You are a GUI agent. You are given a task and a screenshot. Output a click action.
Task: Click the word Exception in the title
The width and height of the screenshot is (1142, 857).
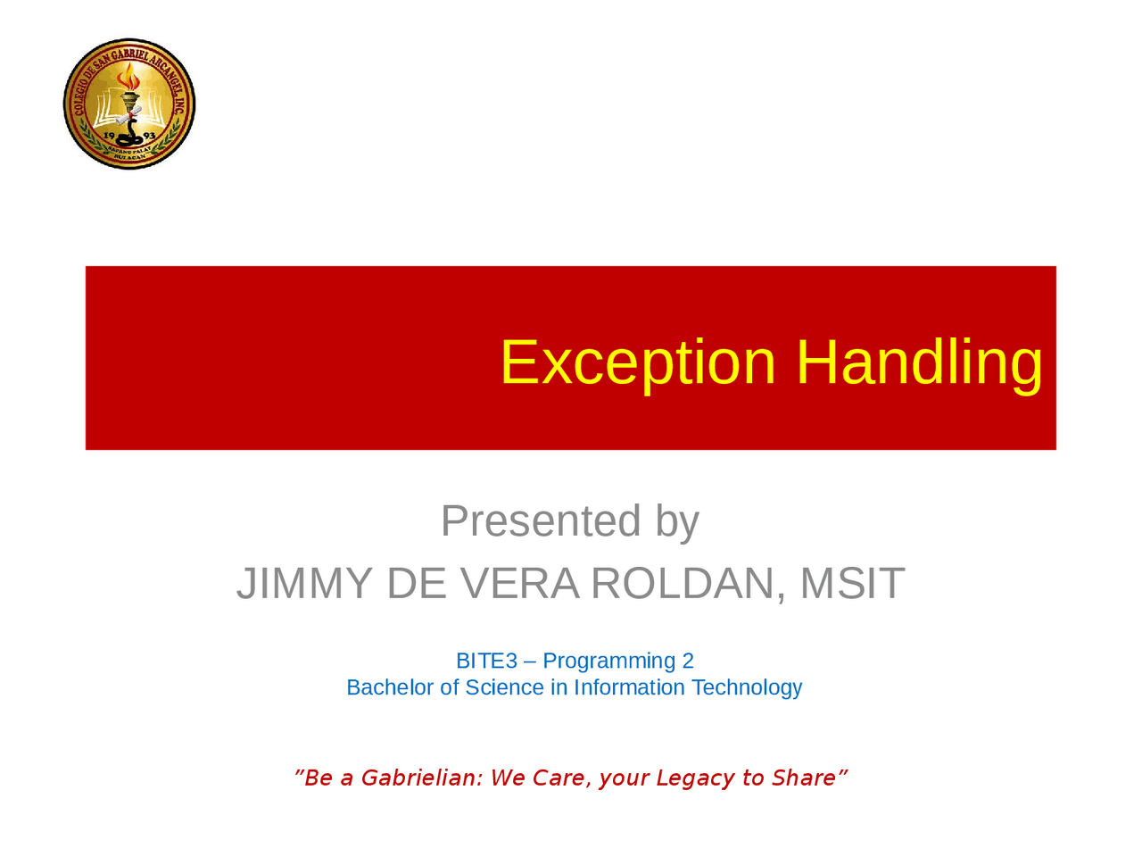point(638,363)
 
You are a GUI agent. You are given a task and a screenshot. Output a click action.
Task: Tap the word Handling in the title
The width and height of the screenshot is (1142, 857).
point(919,363)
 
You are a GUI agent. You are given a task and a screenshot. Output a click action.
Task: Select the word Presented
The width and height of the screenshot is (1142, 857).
point(541,520)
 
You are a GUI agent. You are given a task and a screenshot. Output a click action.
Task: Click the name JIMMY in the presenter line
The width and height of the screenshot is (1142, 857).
point(304,583)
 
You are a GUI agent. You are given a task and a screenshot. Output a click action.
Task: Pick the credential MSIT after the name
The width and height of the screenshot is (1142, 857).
point(852,583)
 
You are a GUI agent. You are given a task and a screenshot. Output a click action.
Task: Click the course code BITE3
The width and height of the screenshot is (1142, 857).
point(486,661)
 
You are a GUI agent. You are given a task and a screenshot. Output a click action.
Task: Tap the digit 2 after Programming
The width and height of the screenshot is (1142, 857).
point(688,661)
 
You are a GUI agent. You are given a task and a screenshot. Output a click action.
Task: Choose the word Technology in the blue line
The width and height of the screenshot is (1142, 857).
point(747,688)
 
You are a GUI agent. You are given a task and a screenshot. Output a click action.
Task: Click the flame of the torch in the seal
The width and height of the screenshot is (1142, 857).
point(128,77)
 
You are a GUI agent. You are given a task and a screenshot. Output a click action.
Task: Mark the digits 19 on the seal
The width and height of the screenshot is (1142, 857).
point(109,136)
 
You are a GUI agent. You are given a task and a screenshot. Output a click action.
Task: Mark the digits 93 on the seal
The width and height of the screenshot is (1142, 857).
point(149,136)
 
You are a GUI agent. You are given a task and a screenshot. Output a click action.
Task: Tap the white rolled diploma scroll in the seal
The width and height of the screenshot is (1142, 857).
point(128,115)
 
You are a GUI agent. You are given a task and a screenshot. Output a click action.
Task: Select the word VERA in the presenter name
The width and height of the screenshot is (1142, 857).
point(520,583)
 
